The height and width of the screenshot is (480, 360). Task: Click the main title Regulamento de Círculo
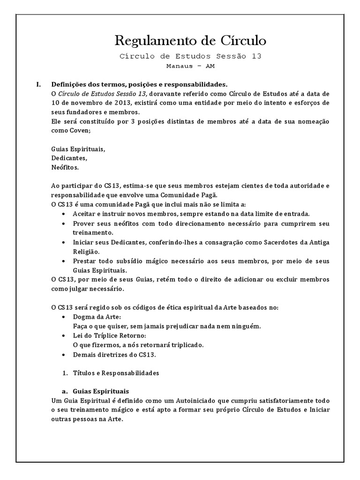click(190, 41)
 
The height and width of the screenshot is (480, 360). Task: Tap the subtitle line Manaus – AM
click(190, 66)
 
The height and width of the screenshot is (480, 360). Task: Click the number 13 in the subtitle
click(256, 56)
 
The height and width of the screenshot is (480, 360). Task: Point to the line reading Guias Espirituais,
click(78, 149)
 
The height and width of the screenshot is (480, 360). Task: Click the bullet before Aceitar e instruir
click(63, 214)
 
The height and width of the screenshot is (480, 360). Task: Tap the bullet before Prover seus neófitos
click(63, 223)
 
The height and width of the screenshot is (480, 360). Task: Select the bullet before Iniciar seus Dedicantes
click(63, 242)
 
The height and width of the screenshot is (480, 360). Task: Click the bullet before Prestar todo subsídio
click(63, 261)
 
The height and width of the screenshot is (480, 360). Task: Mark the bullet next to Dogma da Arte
click(63, 317)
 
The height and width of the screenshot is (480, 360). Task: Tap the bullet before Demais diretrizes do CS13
click(63, 354)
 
